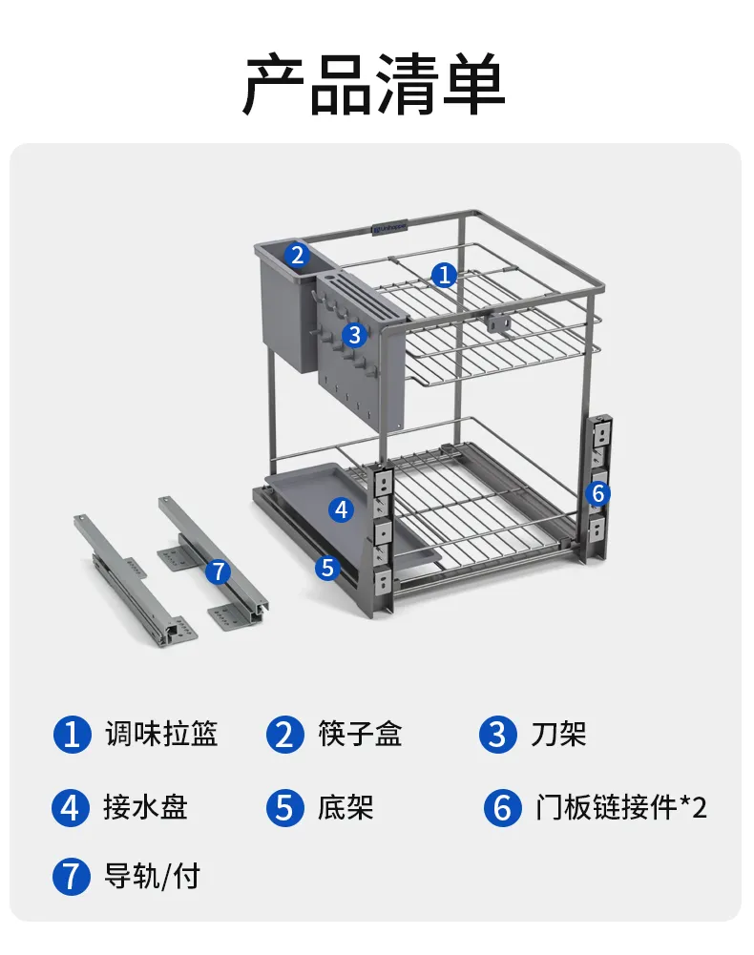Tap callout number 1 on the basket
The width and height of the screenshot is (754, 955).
pos(445,275)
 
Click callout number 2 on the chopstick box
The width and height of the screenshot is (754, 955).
pos(297,255)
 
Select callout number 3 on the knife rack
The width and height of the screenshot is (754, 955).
pos(354,334)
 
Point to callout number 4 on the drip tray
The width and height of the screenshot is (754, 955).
pos(342,509)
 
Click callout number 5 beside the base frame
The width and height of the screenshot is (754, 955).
pos(328,568)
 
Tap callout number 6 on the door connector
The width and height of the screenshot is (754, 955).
pos(598,492)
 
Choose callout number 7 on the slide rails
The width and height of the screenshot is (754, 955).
pos(219,571)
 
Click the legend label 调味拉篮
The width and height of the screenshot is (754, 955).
pos(161,734)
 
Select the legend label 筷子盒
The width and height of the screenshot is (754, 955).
pos(360,734)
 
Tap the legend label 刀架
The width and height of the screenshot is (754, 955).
pos(558,734)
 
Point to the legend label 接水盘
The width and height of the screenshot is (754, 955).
pos(146,808)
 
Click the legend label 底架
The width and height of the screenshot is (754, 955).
pos(345,808)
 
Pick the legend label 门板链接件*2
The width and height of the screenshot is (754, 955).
pos(621,808)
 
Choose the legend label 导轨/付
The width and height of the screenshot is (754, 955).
pos(152,877)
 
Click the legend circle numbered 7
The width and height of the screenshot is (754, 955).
pos(72,877)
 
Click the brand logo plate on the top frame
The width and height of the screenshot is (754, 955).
pos(389,228)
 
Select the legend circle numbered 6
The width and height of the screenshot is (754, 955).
pos(503,808)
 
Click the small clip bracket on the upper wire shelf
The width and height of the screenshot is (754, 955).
pos(497,322)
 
